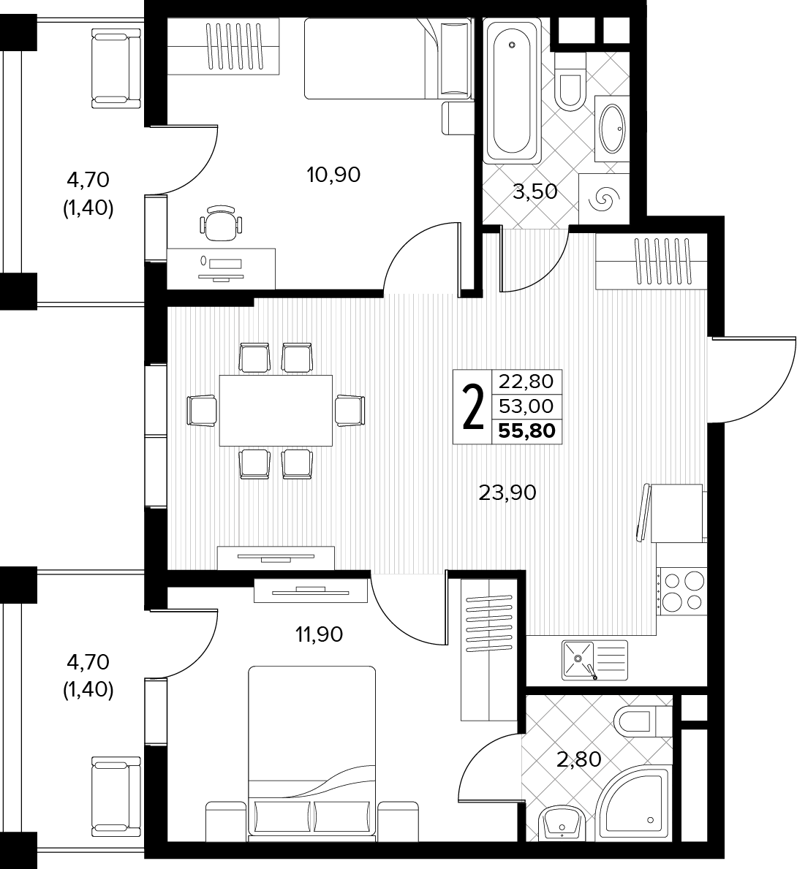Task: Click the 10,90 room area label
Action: click(x=333, y=175)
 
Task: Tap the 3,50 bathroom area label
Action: click(x=535, y=191)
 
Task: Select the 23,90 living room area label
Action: click(x=507, y=492)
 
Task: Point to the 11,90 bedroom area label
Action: click(x=319, y=634)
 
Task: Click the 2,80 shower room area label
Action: click(x=579, y=759)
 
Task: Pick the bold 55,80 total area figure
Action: click(x=527, y=430)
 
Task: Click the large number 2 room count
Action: click(x=472, y=407)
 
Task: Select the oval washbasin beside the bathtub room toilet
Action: click(x=612, y=129)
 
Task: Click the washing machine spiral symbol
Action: click(x=604, y=199)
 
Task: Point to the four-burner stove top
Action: click(x=683, y=591)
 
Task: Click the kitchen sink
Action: click(x=594, y=660)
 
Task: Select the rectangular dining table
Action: click(x=276, y=411)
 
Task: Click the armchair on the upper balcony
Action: click(x=116, y=69)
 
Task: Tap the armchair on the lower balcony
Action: click(x=116, y=796)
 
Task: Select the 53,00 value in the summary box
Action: click(x=526, y=406)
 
